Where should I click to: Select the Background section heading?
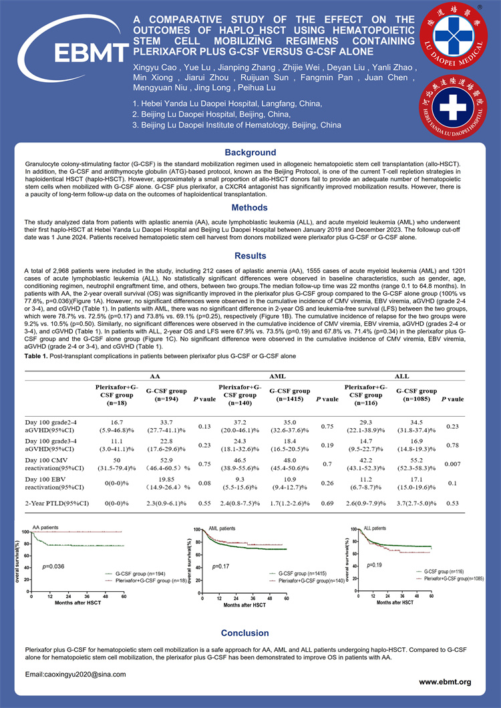250,153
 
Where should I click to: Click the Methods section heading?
250,208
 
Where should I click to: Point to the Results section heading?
250,255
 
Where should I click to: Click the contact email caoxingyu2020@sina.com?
75,675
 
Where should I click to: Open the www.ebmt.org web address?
445,682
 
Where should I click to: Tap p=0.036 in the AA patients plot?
53,566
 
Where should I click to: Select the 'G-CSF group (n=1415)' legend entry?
303,572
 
